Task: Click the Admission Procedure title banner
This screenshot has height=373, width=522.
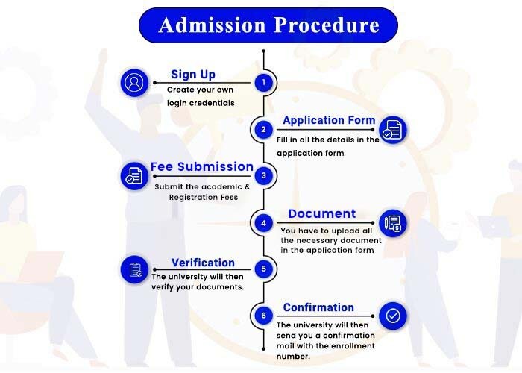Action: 268,25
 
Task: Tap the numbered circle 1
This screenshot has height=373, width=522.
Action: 264,82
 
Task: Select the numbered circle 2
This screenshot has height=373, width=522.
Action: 264,129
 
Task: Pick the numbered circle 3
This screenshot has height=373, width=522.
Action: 264,175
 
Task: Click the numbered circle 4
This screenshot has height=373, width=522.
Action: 264,222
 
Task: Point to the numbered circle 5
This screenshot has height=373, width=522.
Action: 264,269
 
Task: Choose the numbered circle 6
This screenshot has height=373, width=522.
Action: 264,316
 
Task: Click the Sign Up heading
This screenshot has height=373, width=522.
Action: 193,75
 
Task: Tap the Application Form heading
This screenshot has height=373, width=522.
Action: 329,120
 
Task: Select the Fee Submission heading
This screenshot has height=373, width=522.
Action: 202,166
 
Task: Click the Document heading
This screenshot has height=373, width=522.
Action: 322,213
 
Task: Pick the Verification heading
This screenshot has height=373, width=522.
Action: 203,263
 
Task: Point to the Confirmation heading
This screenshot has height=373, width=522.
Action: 318,307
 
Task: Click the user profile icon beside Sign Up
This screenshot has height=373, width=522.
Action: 134,83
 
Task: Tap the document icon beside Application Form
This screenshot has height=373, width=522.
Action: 393,130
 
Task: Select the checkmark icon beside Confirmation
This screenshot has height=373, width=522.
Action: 393,316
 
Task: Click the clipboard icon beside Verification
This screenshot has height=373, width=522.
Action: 134,269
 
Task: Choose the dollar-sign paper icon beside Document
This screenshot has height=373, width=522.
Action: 393,223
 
